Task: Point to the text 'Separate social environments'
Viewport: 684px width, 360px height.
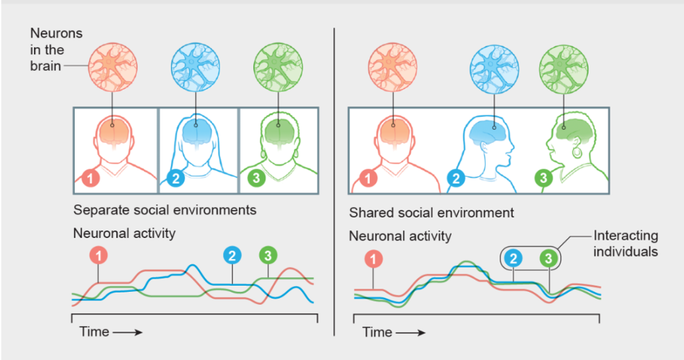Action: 165,210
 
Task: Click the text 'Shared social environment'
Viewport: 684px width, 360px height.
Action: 432,213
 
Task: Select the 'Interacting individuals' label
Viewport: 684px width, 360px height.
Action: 625,244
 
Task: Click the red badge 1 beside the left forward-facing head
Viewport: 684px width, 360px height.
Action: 91,178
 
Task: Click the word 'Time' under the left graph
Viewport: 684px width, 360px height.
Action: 94,331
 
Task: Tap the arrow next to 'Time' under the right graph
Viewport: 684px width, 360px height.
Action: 412,332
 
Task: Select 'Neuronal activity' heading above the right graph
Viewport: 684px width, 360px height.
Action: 400,236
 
